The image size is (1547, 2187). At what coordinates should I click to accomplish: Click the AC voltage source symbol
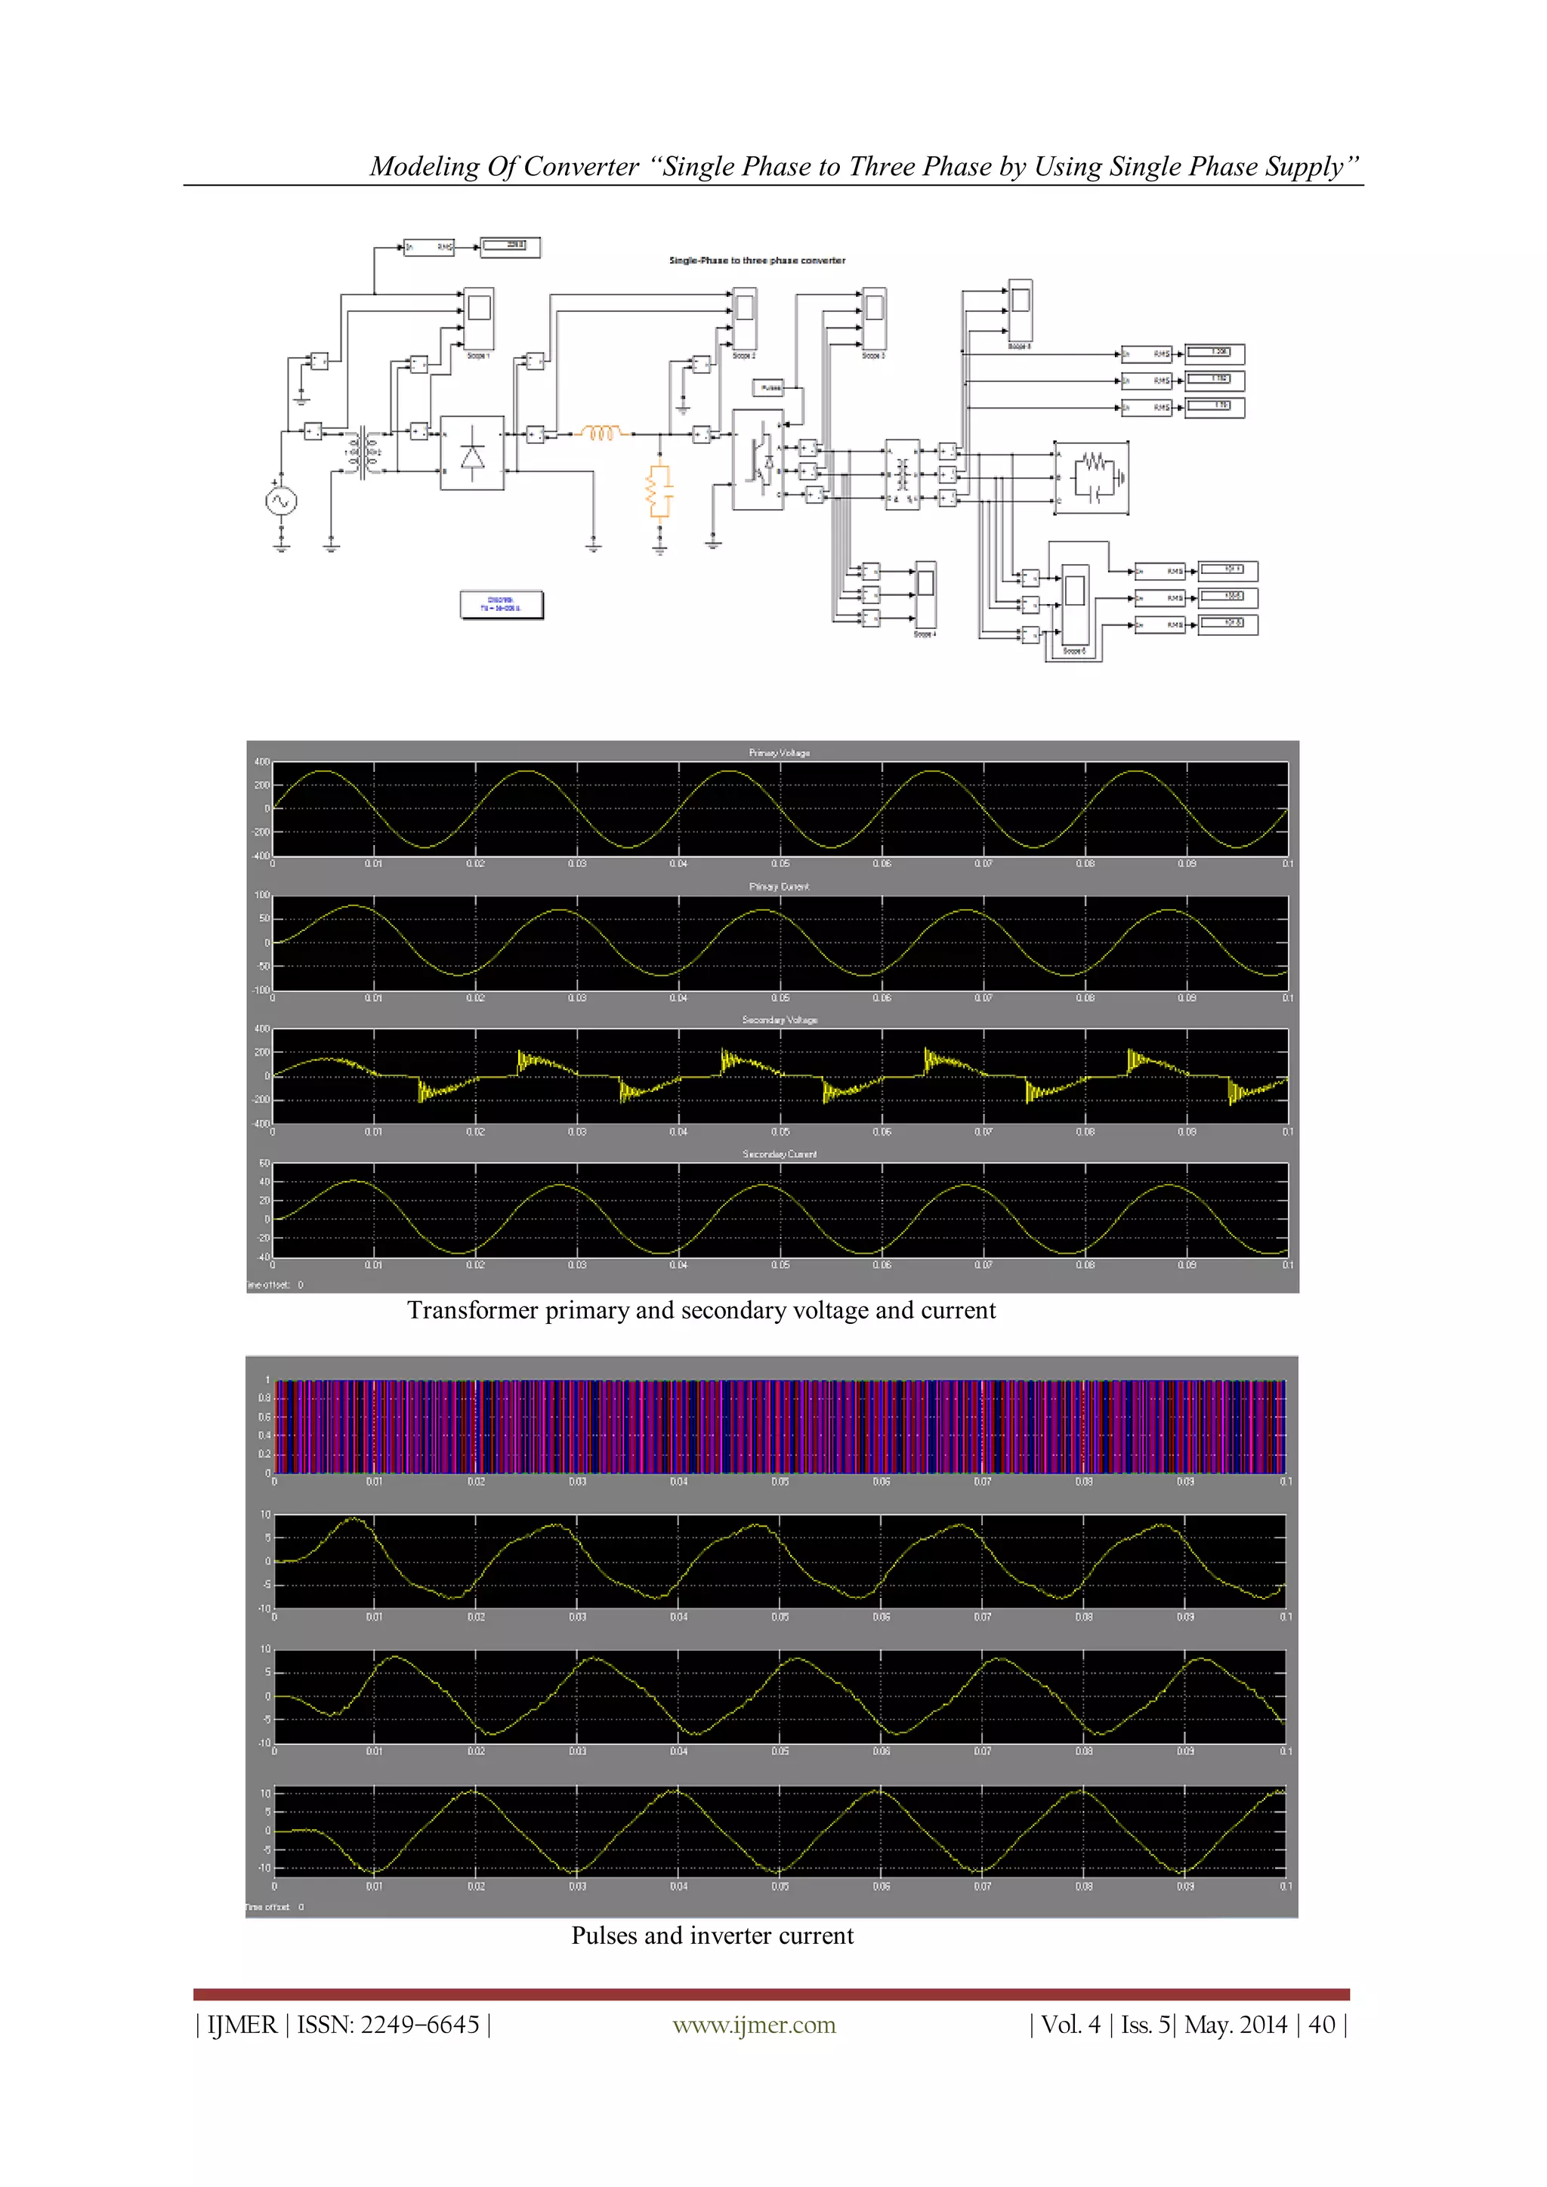(281, 501)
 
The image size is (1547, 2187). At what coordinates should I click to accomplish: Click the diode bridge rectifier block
(472, 452)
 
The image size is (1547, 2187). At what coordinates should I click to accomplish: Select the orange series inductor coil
(602, 433)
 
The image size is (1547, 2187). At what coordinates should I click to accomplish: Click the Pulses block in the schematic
(769, 387)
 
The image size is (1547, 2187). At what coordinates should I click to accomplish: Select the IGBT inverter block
(758, 459)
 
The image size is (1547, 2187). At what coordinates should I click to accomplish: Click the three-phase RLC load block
(1092, 478)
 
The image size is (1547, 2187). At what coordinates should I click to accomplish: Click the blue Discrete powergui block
(501, 604)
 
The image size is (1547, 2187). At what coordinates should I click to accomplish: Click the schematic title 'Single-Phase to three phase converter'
(758, 260)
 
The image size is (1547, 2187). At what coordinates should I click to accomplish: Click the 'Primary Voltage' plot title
(780, 752)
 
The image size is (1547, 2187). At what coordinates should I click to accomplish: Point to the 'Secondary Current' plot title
(780, 1153)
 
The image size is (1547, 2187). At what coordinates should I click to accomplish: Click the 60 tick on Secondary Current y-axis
(264, 1164)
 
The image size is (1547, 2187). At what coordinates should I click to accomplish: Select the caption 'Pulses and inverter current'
(712, 1936)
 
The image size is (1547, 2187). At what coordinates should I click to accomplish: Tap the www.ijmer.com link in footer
(754, 2025)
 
